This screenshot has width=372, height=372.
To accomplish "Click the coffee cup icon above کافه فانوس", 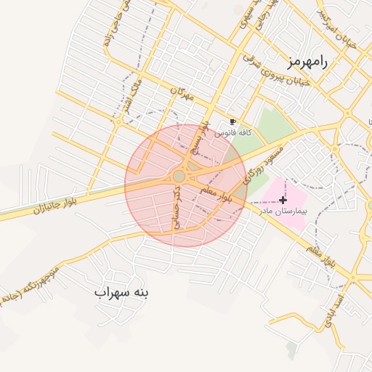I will click(x=233, y=122).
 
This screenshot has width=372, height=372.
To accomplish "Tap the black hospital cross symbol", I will click(x=283, y=199).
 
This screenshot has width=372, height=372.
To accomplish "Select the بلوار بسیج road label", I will click(x=198, y=137).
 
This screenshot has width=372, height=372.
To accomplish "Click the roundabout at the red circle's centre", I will click(x=179, y=177).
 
